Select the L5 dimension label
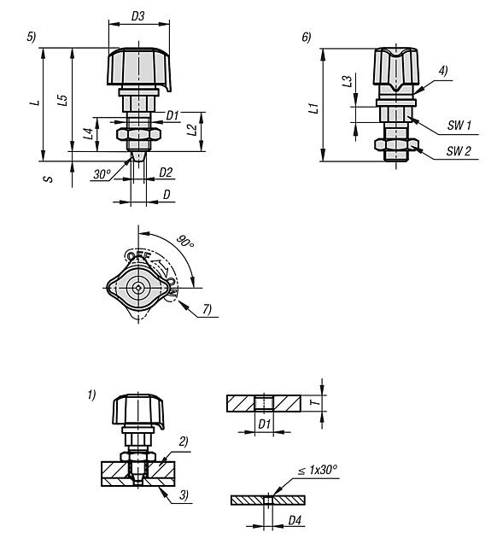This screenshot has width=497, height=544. click(x=61, y=102)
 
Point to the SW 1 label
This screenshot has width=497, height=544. click(x=460, y=125)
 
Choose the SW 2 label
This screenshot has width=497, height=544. click(x=460, y=151)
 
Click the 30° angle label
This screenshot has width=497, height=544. click(x=102, y=174)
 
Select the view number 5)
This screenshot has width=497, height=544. click(x=32, y=37)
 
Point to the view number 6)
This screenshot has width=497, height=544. click(x=306, y=37)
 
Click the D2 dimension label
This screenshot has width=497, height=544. click(x=167, y=172)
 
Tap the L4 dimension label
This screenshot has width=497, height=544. click(x=88, y=133)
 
